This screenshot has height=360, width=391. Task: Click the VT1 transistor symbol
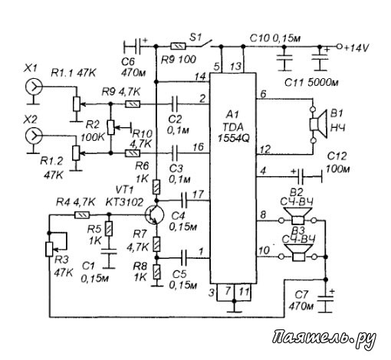click(x=154, y=215)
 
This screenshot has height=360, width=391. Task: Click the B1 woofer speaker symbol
click(x=317, y=124)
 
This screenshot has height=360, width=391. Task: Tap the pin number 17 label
click(x=197, y=195)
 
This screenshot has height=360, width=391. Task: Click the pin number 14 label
click(x=200, y=77)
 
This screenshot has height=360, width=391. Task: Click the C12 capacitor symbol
click(x=301, y=176)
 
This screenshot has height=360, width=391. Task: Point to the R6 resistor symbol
click(x=157, y=187)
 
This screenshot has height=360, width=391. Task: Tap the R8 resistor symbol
click(x=157, y=272)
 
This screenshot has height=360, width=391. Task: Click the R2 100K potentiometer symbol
click(x=111, y=127)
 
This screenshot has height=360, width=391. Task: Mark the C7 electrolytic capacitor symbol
click(x=326, y=299)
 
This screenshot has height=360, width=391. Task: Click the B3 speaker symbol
click(x=298, y=252)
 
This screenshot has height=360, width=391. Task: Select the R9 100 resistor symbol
click(x=179, y=46)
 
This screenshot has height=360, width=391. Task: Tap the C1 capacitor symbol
click(x=109, y=250)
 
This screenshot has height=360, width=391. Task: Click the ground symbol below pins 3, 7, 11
click(x=234, y=308)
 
